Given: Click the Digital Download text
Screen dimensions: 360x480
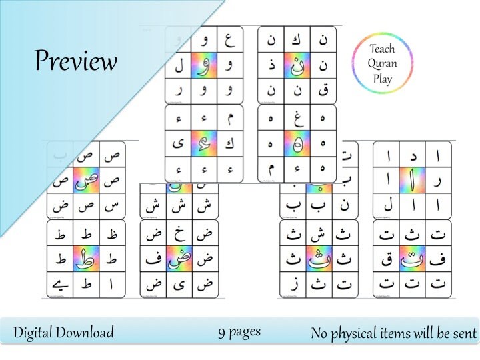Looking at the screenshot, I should (64, 333).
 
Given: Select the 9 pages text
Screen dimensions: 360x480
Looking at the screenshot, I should (239, 331).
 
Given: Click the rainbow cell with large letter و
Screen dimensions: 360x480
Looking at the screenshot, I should (205, 65).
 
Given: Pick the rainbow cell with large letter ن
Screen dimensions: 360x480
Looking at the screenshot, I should (297, 65).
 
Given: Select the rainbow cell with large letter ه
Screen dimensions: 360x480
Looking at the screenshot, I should (297, 142).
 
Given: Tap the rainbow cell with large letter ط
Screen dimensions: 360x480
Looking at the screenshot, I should (86, 258).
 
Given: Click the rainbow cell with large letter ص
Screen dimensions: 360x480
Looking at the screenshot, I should (86, 180).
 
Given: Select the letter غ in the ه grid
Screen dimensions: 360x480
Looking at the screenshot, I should (297, 117).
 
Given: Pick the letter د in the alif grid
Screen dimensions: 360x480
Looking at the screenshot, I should (412, 155).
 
